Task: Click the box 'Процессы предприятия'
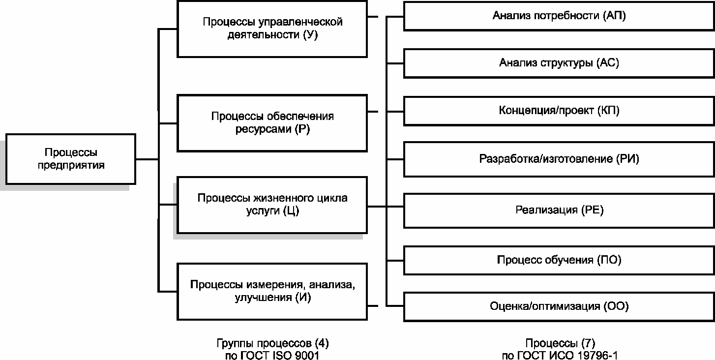[71, 159]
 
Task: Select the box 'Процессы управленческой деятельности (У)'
[272, 29]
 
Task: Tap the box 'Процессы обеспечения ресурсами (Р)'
[272, 123]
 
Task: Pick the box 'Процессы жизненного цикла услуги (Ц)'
[272, 205]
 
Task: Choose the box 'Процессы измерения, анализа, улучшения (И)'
[272, 291]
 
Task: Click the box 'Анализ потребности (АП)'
[559, 16]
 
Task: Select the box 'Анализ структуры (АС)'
[559, 63]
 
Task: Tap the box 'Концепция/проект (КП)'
[559, 110]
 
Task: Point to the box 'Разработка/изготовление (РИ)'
[559, 159]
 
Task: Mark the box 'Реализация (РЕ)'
[559, 210]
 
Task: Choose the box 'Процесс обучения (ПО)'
[559, 259]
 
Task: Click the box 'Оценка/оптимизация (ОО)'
[559, 306]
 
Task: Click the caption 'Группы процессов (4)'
[272, 343]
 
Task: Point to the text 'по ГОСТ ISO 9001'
[272, 355]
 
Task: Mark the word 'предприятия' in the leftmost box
[71, 165]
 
